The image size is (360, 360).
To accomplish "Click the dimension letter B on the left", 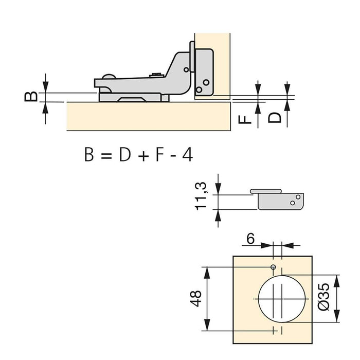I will tap(31, 96).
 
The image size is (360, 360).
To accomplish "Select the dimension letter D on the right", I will tap(276, 118).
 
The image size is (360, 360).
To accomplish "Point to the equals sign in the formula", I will tap(105, 155).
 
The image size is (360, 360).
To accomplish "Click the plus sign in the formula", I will tap(141, 155).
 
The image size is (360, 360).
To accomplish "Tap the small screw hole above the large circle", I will tap(274, 267).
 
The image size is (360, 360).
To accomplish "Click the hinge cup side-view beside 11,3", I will tap(280, 200).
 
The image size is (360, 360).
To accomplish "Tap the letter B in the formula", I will tap(89, 154).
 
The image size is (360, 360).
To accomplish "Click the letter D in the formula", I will tap(123, 154).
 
